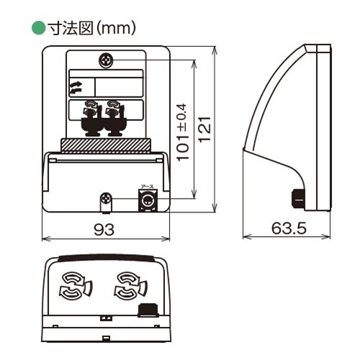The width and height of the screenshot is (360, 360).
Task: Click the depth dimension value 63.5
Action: (x=289, y=228)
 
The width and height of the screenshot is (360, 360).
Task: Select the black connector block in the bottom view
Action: (x=148, y=310)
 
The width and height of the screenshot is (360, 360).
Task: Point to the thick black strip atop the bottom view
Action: (x=106, y=257)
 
